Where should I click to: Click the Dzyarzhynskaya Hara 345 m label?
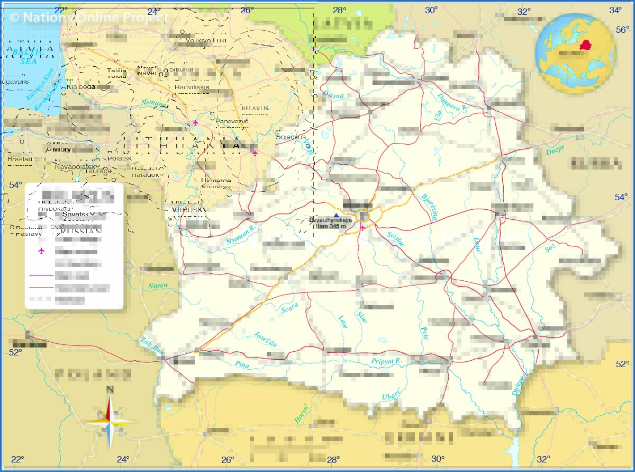click(x=330, y=223)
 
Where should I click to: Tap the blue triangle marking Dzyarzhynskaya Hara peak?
click(x=336, y=215)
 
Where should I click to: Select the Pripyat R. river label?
click(x=386, y=361)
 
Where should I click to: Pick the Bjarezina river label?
click(x=429, y=207)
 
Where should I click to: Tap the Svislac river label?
click(x=395, y=240)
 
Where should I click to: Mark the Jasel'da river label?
click(x=265, y=339)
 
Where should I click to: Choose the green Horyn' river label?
click(x=302, y=412)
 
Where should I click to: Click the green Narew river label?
click(x=158, y=286)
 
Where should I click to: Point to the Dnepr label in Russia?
click(x=555, y=150)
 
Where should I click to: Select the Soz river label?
click(x=550, y=246)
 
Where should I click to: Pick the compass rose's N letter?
click(x=110, y=390)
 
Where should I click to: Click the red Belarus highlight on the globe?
click(x=585, y=44)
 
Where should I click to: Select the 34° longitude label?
click(x=615, y=10)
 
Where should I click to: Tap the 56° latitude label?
click(x=622, y=30)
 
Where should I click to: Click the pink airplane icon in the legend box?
click(x=41, y=251)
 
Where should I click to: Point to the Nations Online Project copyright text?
click(x=88, y=17)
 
